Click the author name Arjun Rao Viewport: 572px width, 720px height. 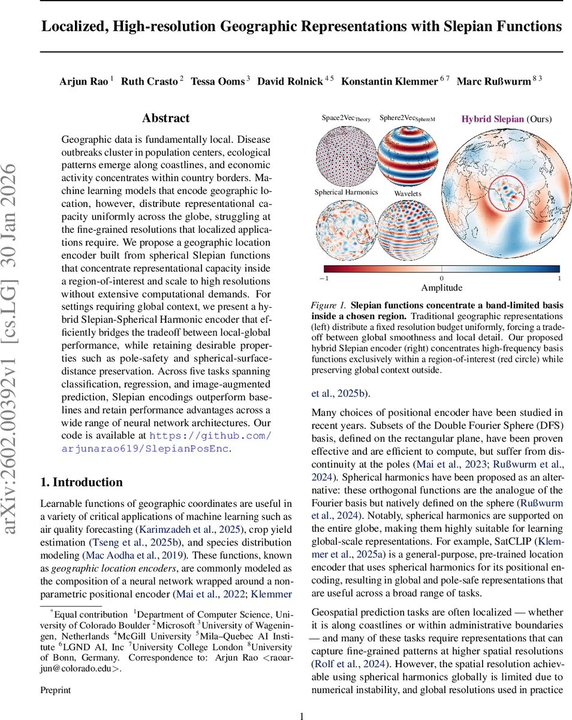point(84,82)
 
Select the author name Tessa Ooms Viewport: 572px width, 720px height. point(217,82)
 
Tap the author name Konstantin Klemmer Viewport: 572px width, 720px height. point(389,82)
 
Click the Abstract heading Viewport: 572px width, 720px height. point(165,118)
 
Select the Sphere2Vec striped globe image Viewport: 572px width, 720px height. point(407,155)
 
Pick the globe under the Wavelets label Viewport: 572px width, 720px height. point(407,228)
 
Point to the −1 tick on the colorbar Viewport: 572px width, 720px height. point(324,278)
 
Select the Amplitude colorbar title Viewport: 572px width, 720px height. point(441,288)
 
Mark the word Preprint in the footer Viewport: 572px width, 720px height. point(55,690)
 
